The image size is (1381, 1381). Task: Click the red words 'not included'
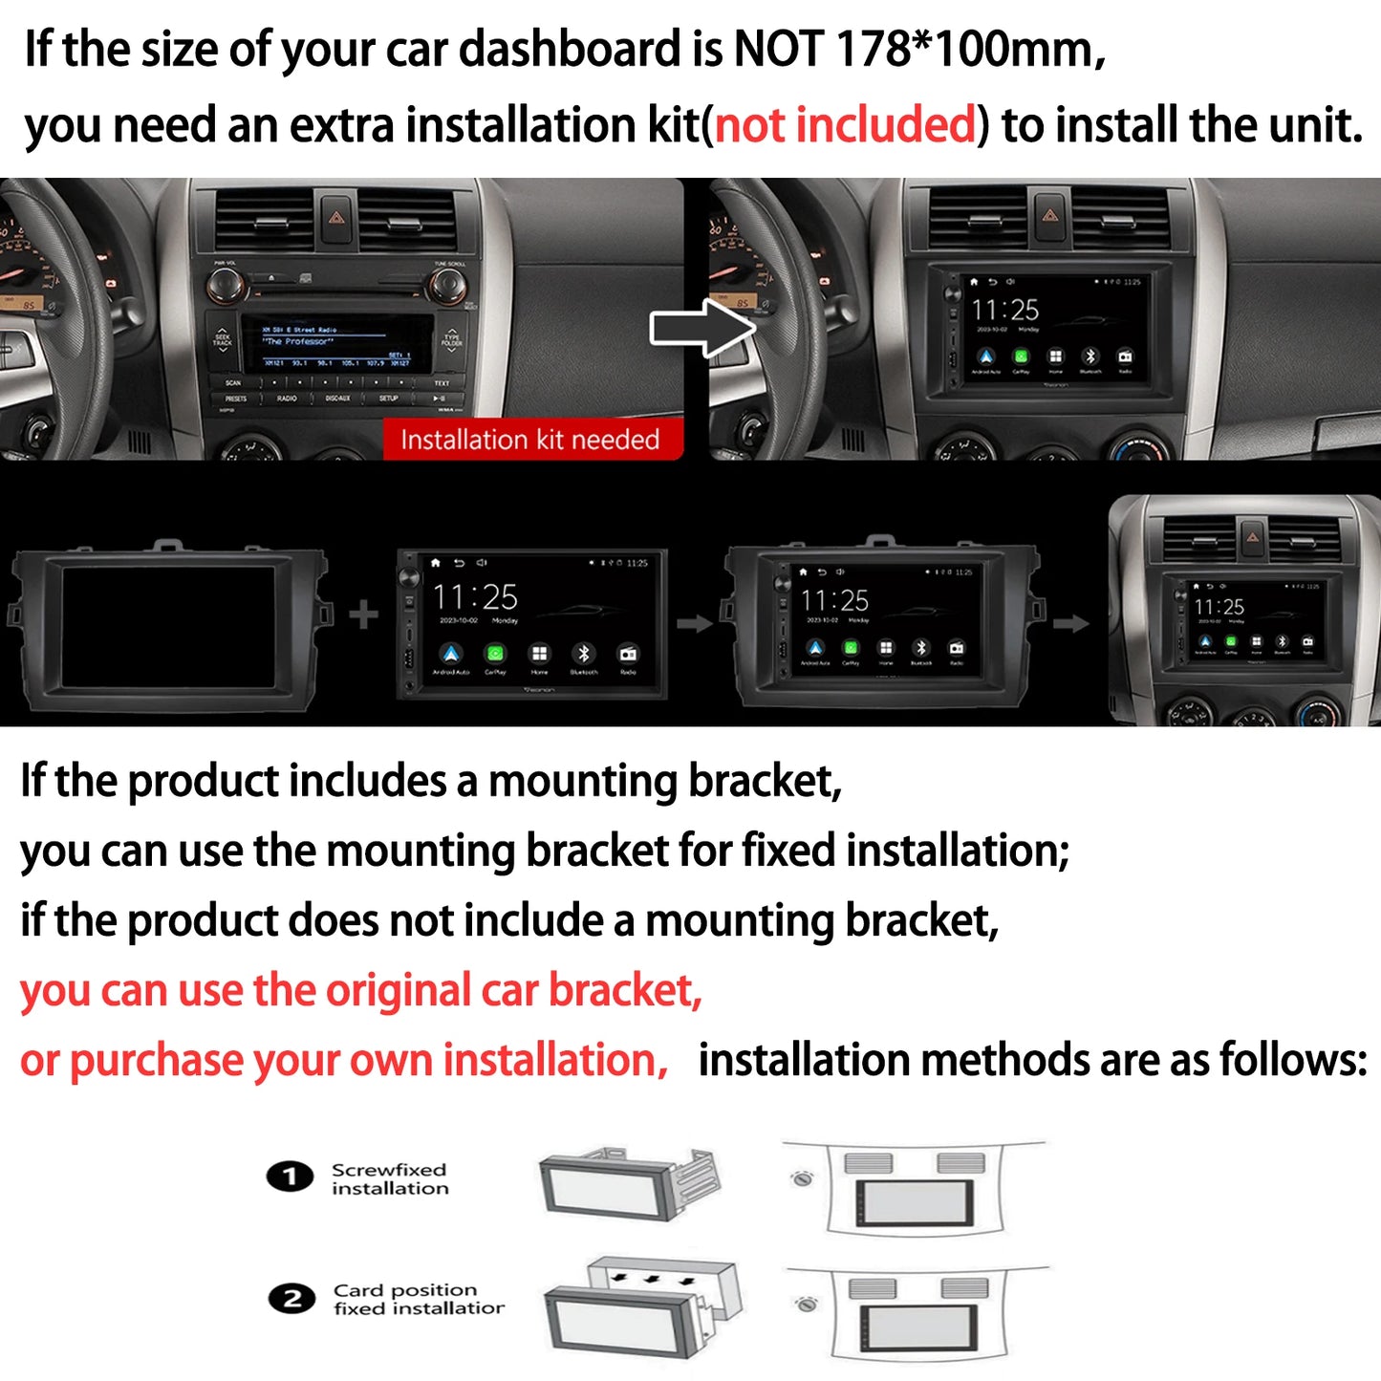coord(846,125)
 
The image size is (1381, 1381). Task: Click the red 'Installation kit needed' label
coord(530,440)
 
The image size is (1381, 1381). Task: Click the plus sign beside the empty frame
coord(363,615)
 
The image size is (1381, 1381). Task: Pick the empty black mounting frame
coord(168,627)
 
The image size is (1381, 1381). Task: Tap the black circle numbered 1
coord(290,1176)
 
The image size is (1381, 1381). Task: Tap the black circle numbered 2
coord(291,1299)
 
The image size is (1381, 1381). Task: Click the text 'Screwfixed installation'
coord(389,1178)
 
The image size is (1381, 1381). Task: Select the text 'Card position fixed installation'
coord(418,1299)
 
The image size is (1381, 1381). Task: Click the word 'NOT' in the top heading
coord(778,49)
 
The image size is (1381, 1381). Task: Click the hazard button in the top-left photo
coord(336,219)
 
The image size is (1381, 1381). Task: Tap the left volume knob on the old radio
coord(225,284)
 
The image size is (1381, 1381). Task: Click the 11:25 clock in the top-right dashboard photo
coord(1004,310)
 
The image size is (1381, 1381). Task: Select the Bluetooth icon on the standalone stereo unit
coord(583,654)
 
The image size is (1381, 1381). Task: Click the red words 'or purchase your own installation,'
coord(344,1061)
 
